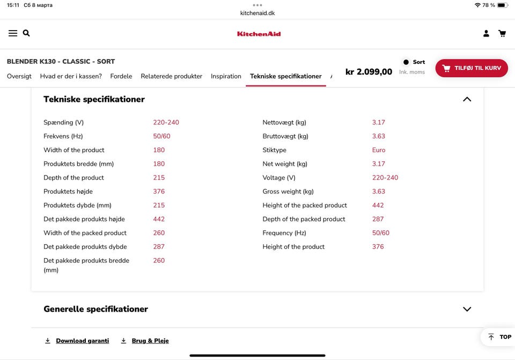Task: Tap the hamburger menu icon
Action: (13, 33)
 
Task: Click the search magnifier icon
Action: (26, 33)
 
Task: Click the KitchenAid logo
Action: (259, 34)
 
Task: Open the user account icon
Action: (486, 33)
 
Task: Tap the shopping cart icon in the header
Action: (502, 33)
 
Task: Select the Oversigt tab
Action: (19, 76)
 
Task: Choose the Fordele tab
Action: (121, 76)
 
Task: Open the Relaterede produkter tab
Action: (172, 76)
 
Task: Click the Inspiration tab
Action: (226, 76)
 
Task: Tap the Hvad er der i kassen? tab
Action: (71, 76)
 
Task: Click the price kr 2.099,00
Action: (369, 72)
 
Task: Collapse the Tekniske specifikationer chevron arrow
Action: (467, 99)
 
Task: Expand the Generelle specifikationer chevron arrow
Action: (467, 309)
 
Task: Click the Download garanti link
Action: (82, 341)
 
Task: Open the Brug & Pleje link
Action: (150, 341)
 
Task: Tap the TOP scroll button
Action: (499, 337)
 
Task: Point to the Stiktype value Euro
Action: (379, 150)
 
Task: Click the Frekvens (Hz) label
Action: (63, 136)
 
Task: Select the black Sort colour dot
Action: (406, 62)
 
